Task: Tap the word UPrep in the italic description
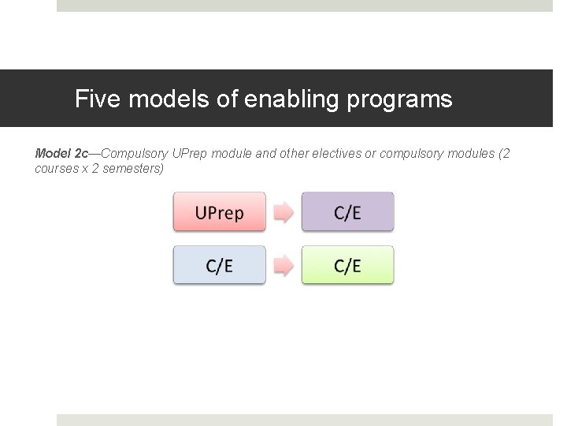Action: (x=190, y=153)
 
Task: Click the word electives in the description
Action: (x=333, y=153)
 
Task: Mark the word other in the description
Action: (x=291, y=153)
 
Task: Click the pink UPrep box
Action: (x=220, y=212)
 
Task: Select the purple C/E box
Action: (x=347, y=212)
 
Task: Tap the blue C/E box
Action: (x=220, y=266)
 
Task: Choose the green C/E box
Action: (x=347, y=266)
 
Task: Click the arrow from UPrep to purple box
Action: (x=283, y=212)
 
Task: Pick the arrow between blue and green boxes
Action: (x=283, y=267)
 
